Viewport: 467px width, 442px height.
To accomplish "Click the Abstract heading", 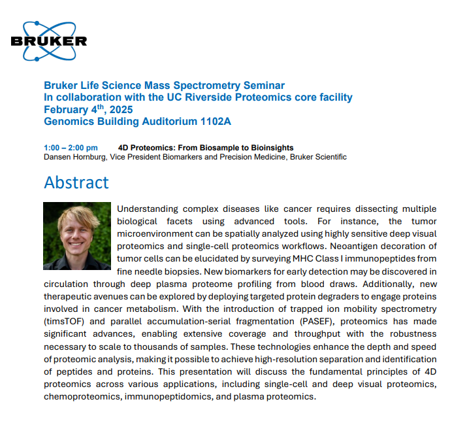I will point(76,182).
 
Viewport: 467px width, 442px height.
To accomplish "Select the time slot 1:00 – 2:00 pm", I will point(71,148).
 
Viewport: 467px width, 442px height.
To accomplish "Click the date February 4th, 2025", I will point(88,110).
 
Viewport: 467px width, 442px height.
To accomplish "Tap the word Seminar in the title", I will point(265,86).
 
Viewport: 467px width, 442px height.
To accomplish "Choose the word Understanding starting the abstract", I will point(150,209).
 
